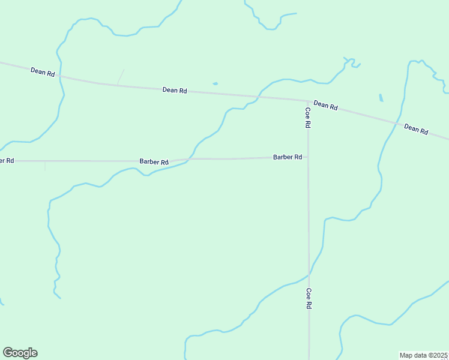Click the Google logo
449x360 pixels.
pos(20,353)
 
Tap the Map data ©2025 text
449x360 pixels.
pos(424,355)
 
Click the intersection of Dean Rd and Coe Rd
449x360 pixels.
pos(308,100)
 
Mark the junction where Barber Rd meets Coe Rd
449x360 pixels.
pos(308,157)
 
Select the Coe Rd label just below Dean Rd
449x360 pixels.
pos(308,116)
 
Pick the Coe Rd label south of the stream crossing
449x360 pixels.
pos(309,298)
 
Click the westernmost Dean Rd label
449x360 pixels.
pos(43,71)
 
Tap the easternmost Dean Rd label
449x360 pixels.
pos(416,128)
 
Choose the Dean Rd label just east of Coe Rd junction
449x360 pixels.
pos(325,105)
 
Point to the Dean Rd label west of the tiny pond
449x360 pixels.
pos(175,90)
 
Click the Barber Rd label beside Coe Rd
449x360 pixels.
pos(288,157)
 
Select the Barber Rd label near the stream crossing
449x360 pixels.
pos(154,161)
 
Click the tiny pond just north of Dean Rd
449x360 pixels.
pos(215,83)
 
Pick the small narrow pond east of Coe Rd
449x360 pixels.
pos(381,98)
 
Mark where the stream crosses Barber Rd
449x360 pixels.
pos(188,160)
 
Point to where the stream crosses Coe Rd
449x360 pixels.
pos(309,274)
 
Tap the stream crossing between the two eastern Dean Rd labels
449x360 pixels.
pos(397,122)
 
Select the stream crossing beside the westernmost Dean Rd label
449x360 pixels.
pos(61,77)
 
